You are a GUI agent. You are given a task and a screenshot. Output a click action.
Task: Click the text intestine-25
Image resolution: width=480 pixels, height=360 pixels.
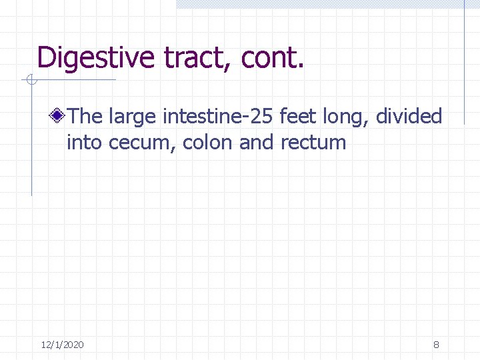[216, 117]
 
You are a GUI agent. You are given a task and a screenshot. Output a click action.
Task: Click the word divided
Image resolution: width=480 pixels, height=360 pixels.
[409, 117]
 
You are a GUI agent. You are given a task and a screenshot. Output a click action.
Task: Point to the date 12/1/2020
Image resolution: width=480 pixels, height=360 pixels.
[62, 345]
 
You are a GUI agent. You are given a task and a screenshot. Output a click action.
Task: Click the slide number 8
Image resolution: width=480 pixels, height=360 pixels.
[436, 345]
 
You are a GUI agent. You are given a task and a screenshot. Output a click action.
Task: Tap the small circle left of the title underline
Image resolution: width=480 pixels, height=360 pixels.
[31, 81]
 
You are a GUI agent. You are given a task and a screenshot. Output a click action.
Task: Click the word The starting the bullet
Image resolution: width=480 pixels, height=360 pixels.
[84, 117]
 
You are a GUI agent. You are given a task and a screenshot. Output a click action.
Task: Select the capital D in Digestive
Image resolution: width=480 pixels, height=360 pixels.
[47, 57]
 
